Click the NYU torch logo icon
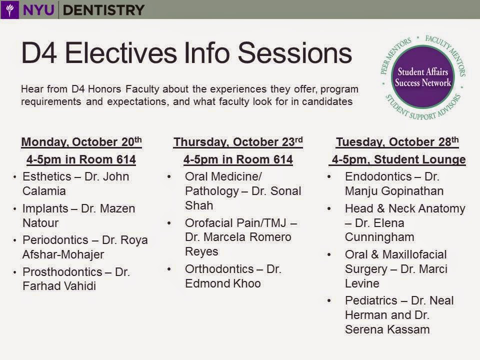tap(10, 9)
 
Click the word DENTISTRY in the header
tap(103, 10)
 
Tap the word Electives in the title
tap(120, 53)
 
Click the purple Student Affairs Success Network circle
tap(423, 77)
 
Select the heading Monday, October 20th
tap(81, 142)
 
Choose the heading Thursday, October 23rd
tap(238, 142)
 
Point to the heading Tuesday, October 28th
tap(397, 142)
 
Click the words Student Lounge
tap(419, 159)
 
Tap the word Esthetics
tap(47, 176)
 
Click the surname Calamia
tap(44, 191)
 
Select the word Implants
tap(45, 209)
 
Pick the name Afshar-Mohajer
tap(63, 254)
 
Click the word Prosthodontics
tap(62, 272)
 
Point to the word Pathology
tap(212, 191)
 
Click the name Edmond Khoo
tap(223, 283)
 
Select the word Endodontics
tap(378, 176)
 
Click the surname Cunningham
tap(379, 237)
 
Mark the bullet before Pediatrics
tap(329, 300)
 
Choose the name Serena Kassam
tap(387, 329)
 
